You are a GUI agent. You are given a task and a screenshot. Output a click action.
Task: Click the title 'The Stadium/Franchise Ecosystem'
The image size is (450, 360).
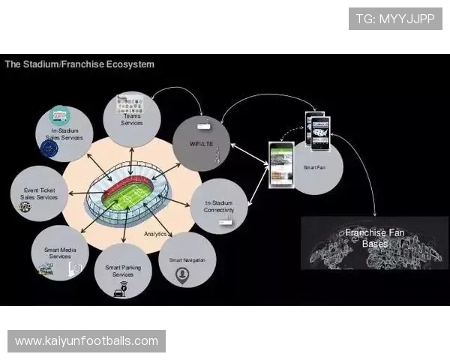pyautogui.click(x=79, y=64)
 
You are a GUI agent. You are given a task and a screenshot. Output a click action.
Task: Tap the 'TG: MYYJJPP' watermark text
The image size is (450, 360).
pyautogui.click(x=395, y=19)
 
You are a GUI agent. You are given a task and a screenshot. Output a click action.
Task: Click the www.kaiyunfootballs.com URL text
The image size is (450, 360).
pyautogui.click(x=86, y=341)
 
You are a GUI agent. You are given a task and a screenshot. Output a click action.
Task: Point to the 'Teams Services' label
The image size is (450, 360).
pyautogui.click(x=131, y=119)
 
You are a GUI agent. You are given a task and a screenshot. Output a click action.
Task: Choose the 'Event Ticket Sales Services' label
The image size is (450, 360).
pyautogui.click(x=35, y=193)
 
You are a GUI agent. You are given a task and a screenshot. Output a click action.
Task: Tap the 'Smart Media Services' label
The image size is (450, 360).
pyautogui.click(x=60, y=253)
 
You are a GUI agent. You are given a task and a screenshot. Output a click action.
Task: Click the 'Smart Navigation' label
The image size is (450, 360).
pyautogui.click(x=187, y=259)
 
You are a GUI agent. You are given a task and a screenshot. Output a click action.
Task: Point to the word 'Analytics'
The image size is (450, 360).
pyautogui.click(x=155, y=234)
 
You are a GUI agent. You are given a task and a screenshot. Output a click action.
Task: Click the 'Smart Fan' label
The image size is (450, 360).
pyautogui.click(x=314, y=167)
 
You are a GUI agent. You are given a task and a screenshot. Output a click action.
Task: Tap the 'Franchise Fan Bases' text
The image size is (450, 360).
pyautogui.click(x=375, y=238)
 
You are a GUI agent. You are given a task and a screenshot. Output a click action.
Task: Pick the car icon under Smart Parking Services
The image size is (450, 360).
pyautogui.click(x=119, y=292)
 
